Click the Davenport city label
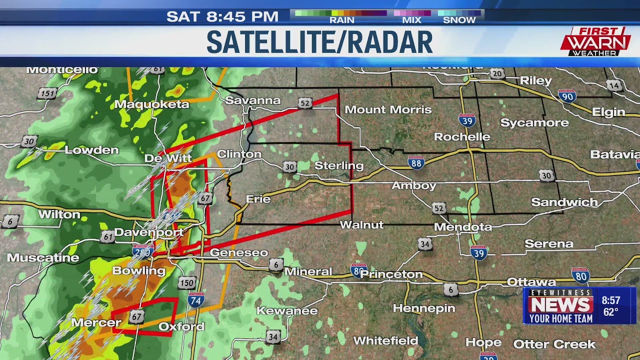(148, 232)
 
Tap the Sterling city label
(338, 165)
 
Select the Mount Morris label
(388, 109)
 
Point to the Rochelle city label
(462, 136)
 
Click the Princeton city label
(391, 274)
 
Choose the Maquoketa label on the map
(151, 104)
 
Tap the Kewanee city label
(287, 311)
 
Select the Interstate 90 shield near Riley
(567, 96)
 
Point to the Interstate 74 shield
(196, 300)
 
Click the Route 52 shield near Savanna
(305, 103)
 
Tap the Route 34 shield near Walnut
(425, 244)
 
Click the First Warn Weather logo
(595, 41)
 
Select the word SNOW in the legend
(459, 20)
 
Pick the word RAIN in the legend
(341, 20)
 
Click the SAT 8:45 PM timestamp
(222, 16)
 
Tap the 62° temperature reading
(610, 312)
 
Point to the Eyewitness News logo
(560, 305)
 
